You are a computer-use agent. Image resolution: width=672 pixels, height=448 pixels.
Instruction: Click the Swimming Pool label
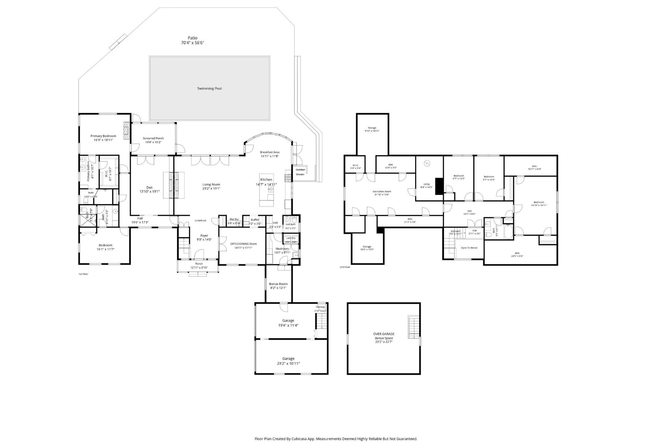tap(209, 88)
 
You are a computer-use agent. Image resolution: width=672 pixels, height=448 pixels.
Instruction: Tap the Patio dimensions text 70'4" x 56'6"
tap(192, 43)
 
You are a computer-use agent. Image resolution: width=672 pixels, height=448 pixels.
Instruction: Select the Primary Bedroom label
tap(103, 136)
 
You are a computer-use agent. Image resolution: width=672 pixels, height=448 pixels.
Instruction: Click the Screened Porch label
tap(153, 138)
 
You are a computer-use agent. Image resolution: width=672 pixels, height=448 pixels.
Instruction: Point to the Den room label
tap(149, 187)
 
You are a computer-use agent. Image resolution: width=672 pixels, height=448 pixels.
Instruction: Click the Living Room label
tap(211, 184)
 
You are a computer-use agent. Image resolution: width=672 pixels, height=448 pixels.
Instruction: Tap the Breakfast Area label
tap(270, 152)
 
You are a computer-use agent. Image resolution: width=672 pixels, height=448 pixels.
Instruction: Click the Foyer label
tap(204, 236)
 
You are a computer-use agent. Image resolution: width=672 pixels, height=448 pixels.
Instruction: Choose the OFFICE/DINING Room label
tap(243, 244)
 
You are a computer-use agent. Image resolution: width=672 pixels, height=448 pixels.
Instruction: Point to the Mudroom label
tap(282, 249)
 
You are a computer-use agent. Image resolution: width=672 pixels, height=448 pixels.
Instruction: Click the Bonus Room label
tap(278, 284)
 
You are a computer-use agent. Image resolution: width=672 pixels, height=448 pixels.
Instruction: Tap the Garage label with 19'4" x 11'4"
tap(288, 320)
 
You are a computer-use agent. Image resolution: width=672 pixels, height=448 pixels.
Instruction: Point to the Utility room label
tap(426, 184)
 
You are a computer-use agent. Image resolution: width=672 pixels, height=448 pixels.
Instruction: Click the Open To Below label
tap(469, 248)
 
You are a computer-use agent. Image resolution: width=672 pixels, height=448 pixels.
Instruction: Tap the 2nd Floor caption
tap(345, 267)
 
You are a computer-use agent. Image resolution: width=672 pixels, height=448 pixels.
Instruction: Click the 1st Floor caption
tap(83, 274)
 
